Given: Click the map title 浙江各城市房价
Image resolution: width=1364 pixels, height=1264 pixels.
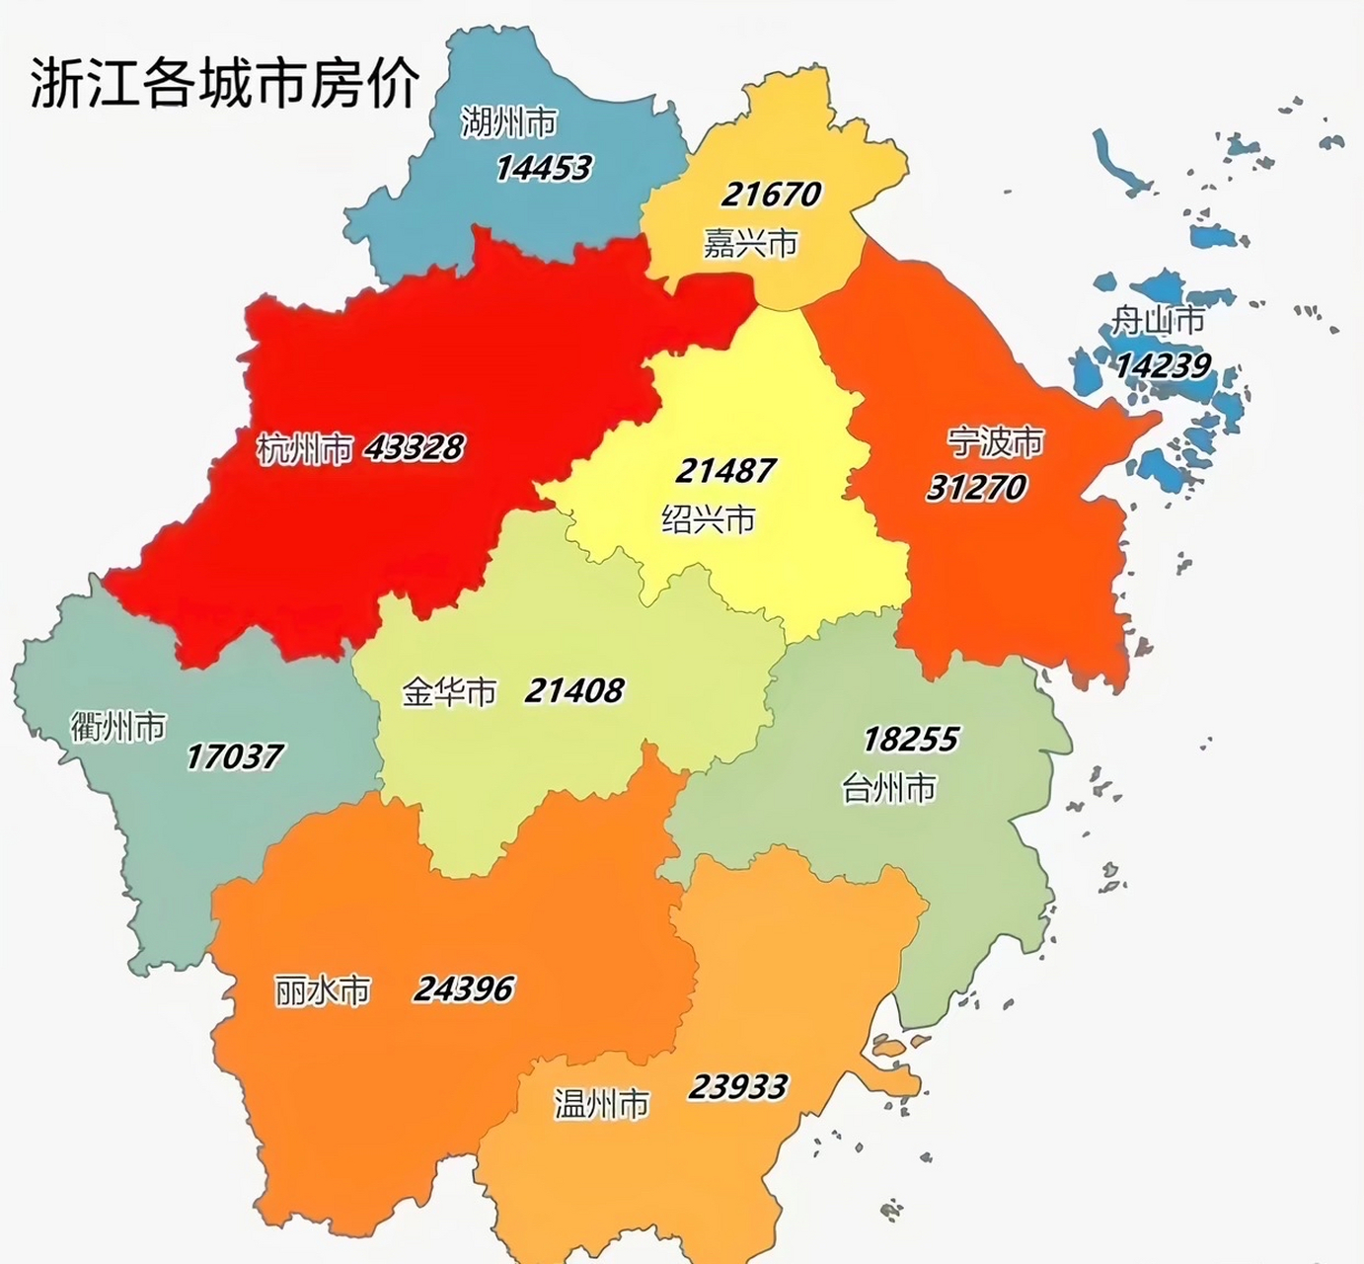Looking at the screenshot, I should [225, 82].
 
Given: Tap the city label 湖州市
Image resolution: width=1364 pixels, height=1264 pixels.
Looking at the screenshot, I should [508, 122].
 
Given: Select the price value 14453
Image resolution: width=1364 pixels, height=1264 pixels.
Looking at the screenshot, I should [543, 168].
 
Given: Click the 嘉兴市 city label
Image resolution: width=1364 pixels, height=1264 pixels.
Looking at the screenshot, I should [750, 243].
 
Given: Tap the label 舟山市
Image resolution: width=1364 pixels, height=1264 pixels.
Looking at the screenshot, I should [1158, 321].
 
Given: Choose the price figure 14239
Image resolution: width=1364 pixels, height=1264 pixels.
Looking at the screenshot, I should [1162, 366].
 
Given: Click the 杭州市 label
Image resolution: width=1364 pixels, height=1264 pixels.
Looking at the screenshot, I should [304, 449].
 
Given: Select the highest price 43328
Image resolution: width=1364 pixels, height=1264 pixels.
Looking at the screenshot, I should [414, 448].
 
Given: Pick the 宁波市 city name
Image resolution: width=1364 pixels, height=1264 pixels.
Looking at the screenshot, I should [995, 441].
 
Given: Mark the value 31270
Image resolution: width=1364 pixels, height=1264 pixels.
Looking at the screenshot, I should [975, 488].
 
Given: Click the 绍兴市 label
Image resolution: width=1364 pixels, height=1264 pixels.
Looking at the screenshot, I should [708, 519].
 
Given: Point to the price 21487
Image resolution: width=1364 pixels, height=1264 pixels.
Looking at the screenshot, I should [724, 471].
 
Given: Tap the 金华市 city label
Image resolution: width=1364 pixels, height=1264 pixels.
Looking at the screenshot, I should [449, 692].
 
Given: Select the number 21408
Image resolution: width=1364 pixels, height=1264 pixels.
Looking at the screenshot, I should [573, 690].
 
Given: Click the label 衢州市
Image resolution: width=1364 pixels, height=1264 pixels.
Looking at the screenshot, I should [118, 728].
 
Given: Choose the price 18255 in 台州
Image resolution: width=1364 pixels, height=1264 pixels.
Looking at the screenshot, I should [910, 740].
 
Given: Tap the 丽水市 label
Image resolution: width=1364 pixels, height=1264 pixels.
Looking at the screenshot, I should [323, 990].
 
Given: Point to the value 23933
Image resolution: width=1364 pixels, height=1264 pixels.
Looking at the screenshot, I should [737, 1088].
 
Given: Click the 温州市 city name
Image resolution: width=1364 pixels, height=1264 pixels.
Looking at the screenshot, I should [601, 1104].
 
